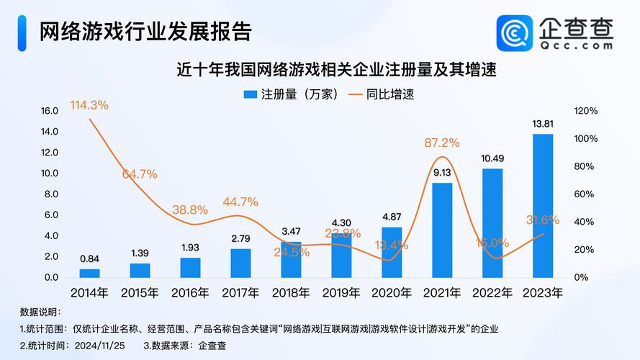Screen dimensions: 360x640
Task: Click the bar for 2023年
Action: (543, 206)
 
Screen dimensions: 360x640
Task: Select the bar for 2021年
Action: (442, 230)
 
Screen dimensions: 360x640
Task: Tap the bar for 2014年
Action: (90, 273)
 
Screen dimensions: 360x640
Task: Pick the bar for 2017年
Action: (241, 263)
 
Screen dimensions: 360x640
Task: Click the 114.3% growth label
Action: (89, 105)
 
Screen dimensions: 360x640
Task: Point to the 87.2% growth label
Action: (442, 143)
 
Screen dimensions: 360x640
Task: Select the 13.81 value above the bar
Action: (543, 124)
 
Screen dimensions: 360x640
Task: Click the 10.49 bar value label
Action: (492, 158)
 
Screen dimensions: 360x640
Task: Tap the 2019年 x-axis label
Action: (341, 293)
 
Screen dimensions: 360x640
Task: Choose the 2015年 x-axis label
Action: (140, 293)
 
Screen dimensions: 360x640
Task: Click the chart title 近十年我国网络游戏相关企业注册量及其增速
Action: (338, 71)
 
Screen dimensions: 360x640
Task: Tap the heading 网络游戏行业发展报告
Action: (145, 32)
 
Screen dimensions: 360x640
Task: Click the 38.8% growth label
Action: (190, 210)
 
